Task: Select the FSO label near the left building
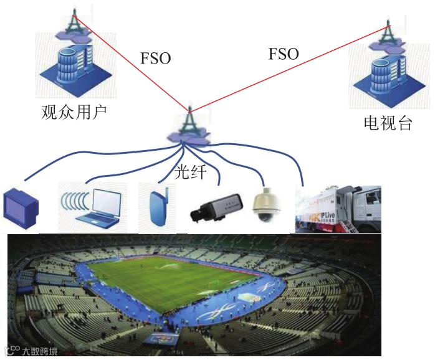coord(155,59)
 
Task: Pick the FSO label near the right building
coord(284,54)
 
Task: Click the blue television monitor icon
coord(21,207)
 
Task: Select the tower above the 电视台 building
coord(387,36)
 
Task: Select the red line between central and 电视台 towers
coord(287,69)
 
